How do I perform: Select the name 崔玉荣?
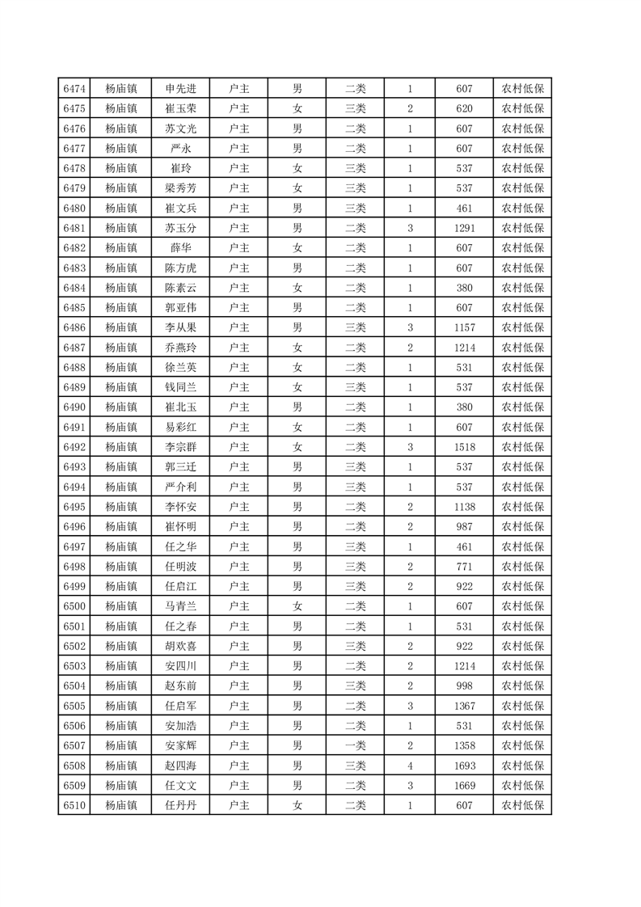[180, 108]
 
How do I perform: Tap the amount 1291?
[464, 228]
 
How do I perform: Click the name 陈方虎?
[180, 268]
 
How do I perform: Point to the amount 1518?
[464, 446]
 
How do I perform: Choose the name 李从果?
[180, 327]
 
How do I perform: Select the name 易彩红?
[180, 426]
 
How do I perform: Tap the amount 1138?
[464, 506]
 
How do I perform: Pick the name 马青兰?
[180, 605]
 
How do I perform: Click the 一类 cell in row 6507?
[356, 745]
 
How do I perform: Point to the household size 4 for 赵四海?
[411, 765]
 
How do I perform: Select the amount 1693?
[464, 765]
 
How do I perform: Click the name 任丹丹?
[180, 804]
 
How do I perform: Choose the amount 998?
[464, 685]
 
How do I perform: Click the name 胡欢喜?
[180, 645]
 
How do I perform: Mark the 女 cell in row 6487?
[297, 347]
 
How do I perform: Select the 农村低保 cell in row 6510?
[522, 804]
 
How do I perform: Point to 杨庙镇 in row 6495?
[121, 506]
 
